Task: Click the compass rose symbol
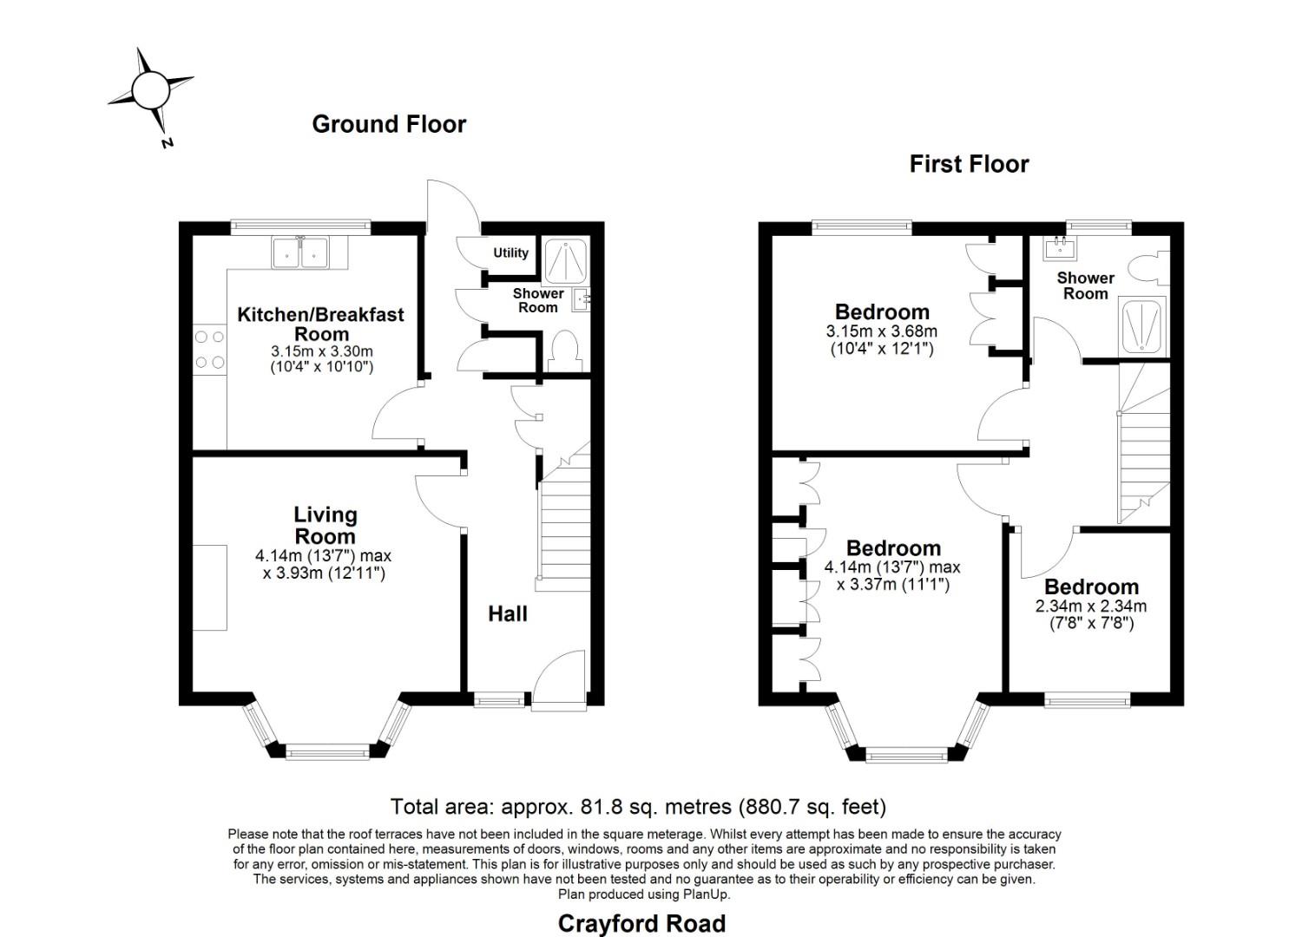point(150,89)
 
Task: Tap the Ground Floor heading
point(389,124)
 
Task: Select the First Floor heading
point(969,164)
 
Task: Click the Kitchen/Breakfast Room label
point(321,324)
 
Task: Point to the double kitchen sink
point(299,252)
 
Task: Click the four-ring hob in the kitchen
point(209,349)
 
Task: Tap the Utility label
point(510,252)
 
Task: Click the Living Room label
point(325,525)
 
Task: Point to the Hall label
point(508,614)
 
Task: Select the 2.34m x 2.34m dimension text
point(1091,606)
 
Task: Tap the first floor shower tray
point(1143,326)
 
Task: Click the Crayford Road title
point(641,923)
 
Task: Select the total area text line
point(638,807)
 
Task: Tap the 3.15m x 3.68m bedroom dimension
point(881,331)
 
